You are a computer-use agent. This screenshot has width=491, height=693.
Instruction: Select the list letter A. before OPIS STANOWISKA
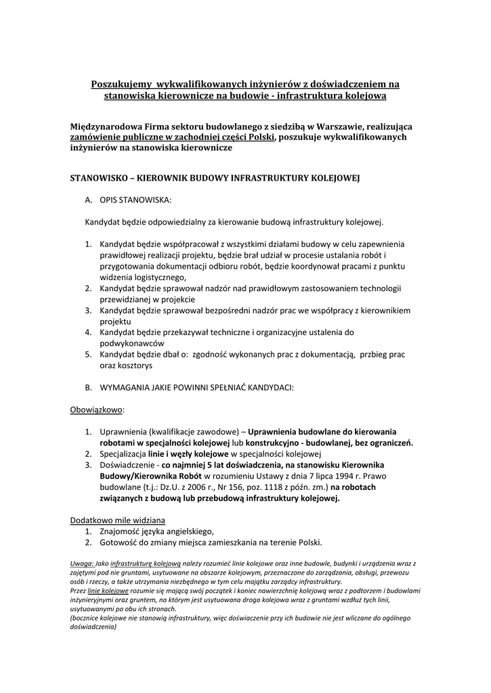[88, 200]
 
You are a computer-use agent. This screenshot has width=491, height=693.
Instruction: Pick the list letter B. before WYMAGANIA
[88, 388]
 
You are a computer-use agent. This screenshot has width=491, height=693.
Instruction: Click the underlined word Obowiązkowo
[97, 409]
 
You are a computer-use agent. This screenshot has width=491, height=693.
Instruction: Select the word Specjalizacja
[127, 453]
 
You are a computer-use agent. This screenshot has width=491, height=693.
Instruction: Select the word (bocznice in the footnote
[87, 618]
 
